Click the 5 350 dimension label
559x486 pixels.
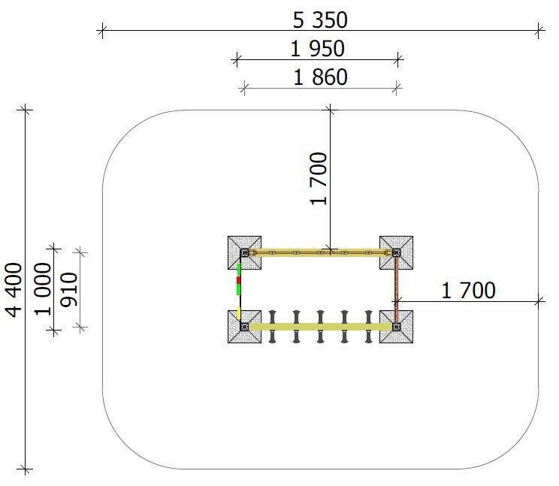click(320, 20)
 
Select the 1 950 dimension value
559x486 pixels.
click(317, 49)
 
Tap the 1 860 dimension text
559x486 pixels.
click(320, 77)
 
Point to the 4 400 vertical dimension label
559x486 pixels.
click(14, 290)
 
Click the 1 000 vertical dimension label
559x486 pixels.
click(43, 289)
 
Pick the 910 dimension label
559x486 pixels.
click(69, 290)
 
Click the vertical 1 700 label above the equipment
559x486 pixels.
click(319, 179)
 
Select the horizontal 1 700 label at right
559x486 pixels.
click(468, 291)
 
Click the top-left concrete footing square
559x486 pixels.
click(245, 252)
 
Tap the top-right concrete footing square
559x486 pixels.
click(397, 252)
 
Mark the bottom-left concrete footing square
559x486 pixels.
click(245, 327)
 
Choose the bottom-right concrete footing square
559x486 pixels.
click(397, 327)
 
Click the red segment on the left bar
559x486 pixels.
click(239, 280)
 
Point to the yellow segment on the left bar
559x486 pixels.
click(239, 312)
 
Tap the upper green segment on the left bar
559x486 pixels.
click(239, 270)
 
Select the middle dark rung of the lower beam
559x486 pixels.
click(320, 327)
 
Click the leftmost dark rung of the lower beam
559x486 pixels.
click(273, 327)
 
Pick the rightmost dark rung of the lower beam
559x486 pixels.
click(368, 327)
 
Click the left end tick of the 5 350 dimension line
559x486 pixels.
click(102, 31)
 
